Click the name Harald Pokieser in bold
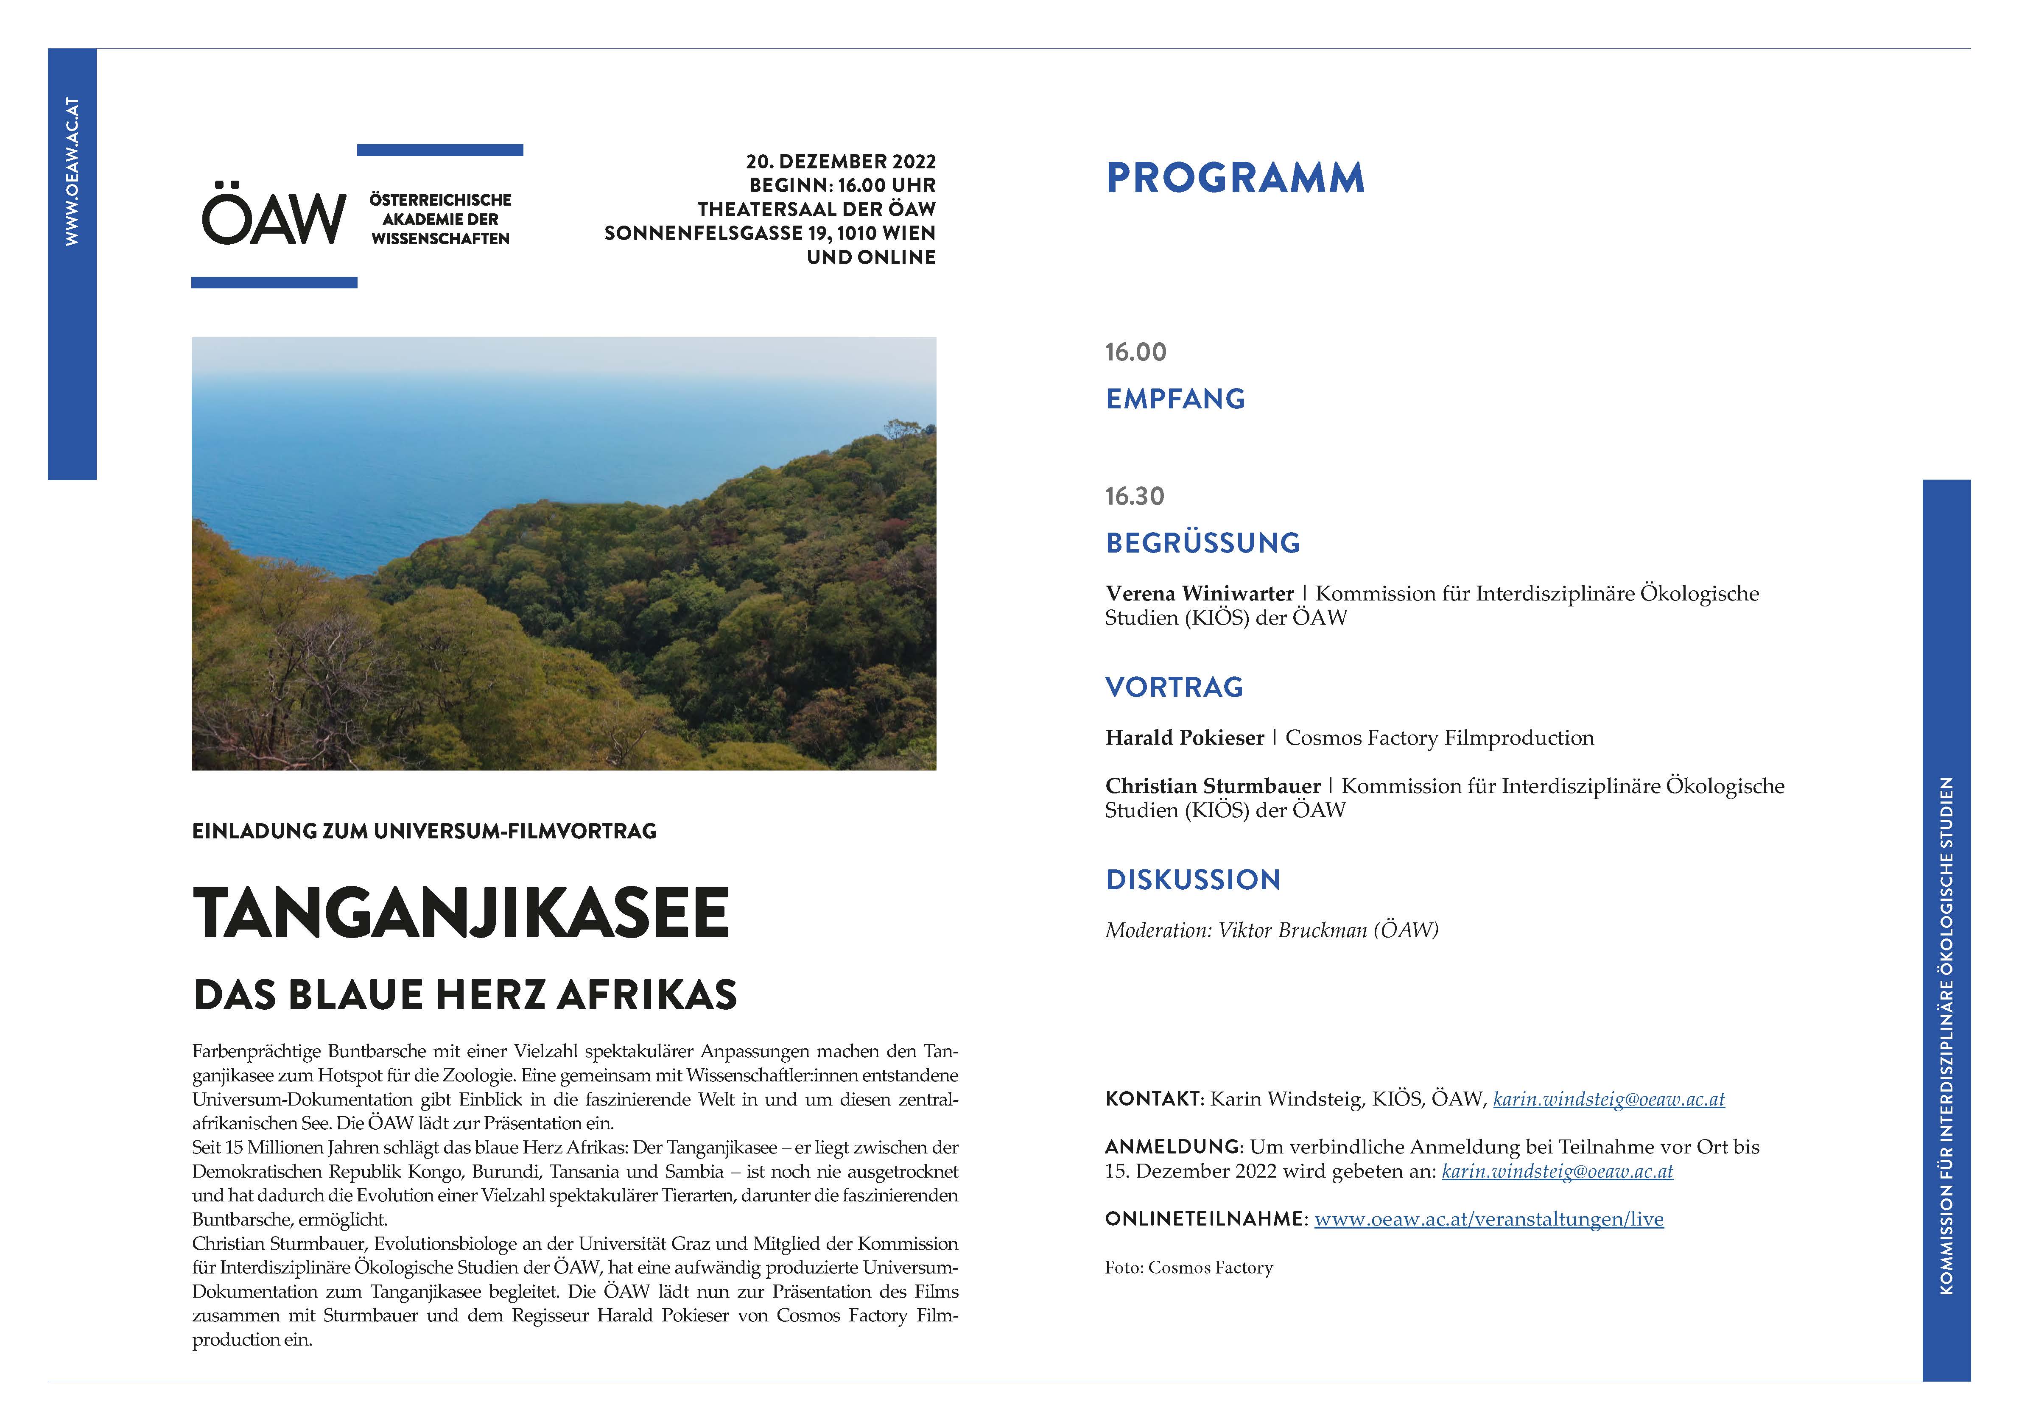1183,738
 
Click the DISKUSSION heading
1192,879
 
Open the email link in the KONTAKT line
1608,1099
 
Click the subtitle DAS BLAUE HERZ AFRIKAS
464,994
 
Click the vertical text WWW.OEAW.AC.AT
72,171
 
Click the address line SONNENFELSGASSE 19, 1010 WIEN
769,233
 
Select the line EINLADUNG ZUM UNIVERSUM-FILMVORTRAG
424,831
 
